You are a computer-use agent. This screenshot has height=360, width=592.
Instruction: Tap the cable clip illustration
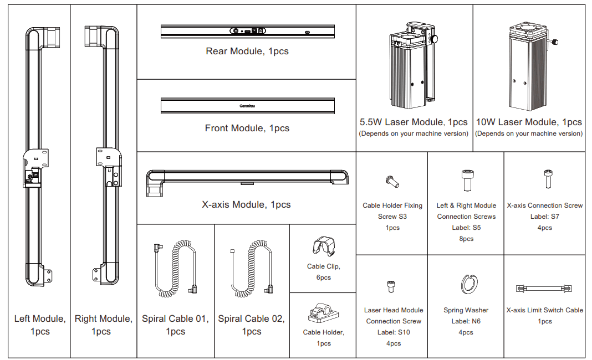pyautogui.click(x=324, y=245)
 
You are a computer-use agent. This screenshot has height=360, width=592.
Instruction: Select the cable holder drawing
pyautogui.click(x=324, y=313)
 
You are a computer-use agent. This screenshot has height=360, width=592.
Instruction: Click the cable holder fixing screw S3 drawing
pyautogui.click(x=392, y=182)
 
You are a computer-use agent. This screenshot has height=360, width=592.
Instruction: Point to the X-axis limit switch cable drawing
pyautogui.click(x=544, y=289)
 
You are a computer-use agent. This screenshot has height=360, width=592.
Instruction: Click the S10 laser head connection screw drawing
pyautogui.click(x=391, y=286)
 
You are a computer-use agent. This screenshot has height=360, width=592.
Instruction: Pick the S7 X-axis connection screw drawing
pyautogui.click(x=548, y=178)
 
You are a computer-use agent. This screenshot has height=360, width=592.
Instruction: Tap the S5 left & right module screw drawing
pyautogui.click(x=467, y=180)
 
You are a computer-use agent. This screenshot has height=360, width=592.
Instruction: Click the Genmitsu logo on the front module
pyautogui.click(x=247, y=106)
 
